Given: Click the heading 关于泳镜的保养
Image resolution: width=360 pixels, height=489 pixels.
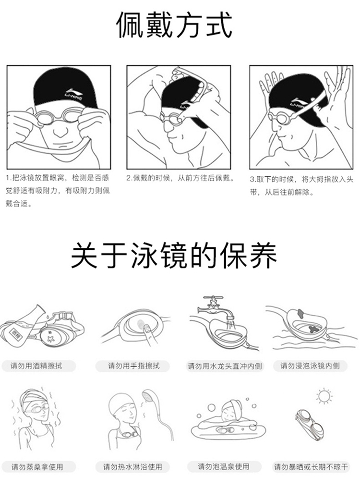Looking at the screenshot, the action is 174,257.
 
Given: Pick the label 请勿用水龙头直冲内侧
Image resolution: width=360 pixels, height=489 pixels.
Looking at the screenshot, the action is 225,366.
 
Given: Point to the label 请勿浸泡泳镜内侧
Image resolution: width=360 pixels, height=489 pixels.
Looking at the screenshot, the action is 310,366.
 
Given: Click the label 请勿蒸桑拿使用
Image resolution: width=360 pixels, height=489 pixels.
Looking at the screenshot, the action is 37,467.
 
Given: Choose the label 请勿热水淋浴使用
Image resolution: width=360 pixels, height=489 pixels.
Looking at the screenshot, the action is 133,467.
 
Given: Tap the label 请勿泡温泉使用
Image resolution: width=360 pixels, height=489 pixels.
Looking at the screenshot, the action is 224,466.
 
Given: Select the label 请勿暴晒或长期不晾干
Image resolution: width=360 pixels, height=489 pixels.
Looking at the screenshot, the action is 311,467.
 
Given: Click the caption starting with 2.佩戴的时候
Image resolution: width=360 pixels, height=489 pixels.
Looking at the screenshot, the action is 180,178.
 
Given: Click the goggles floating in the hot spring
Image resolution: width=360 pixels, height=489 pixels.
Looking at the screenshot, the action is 224,430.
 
